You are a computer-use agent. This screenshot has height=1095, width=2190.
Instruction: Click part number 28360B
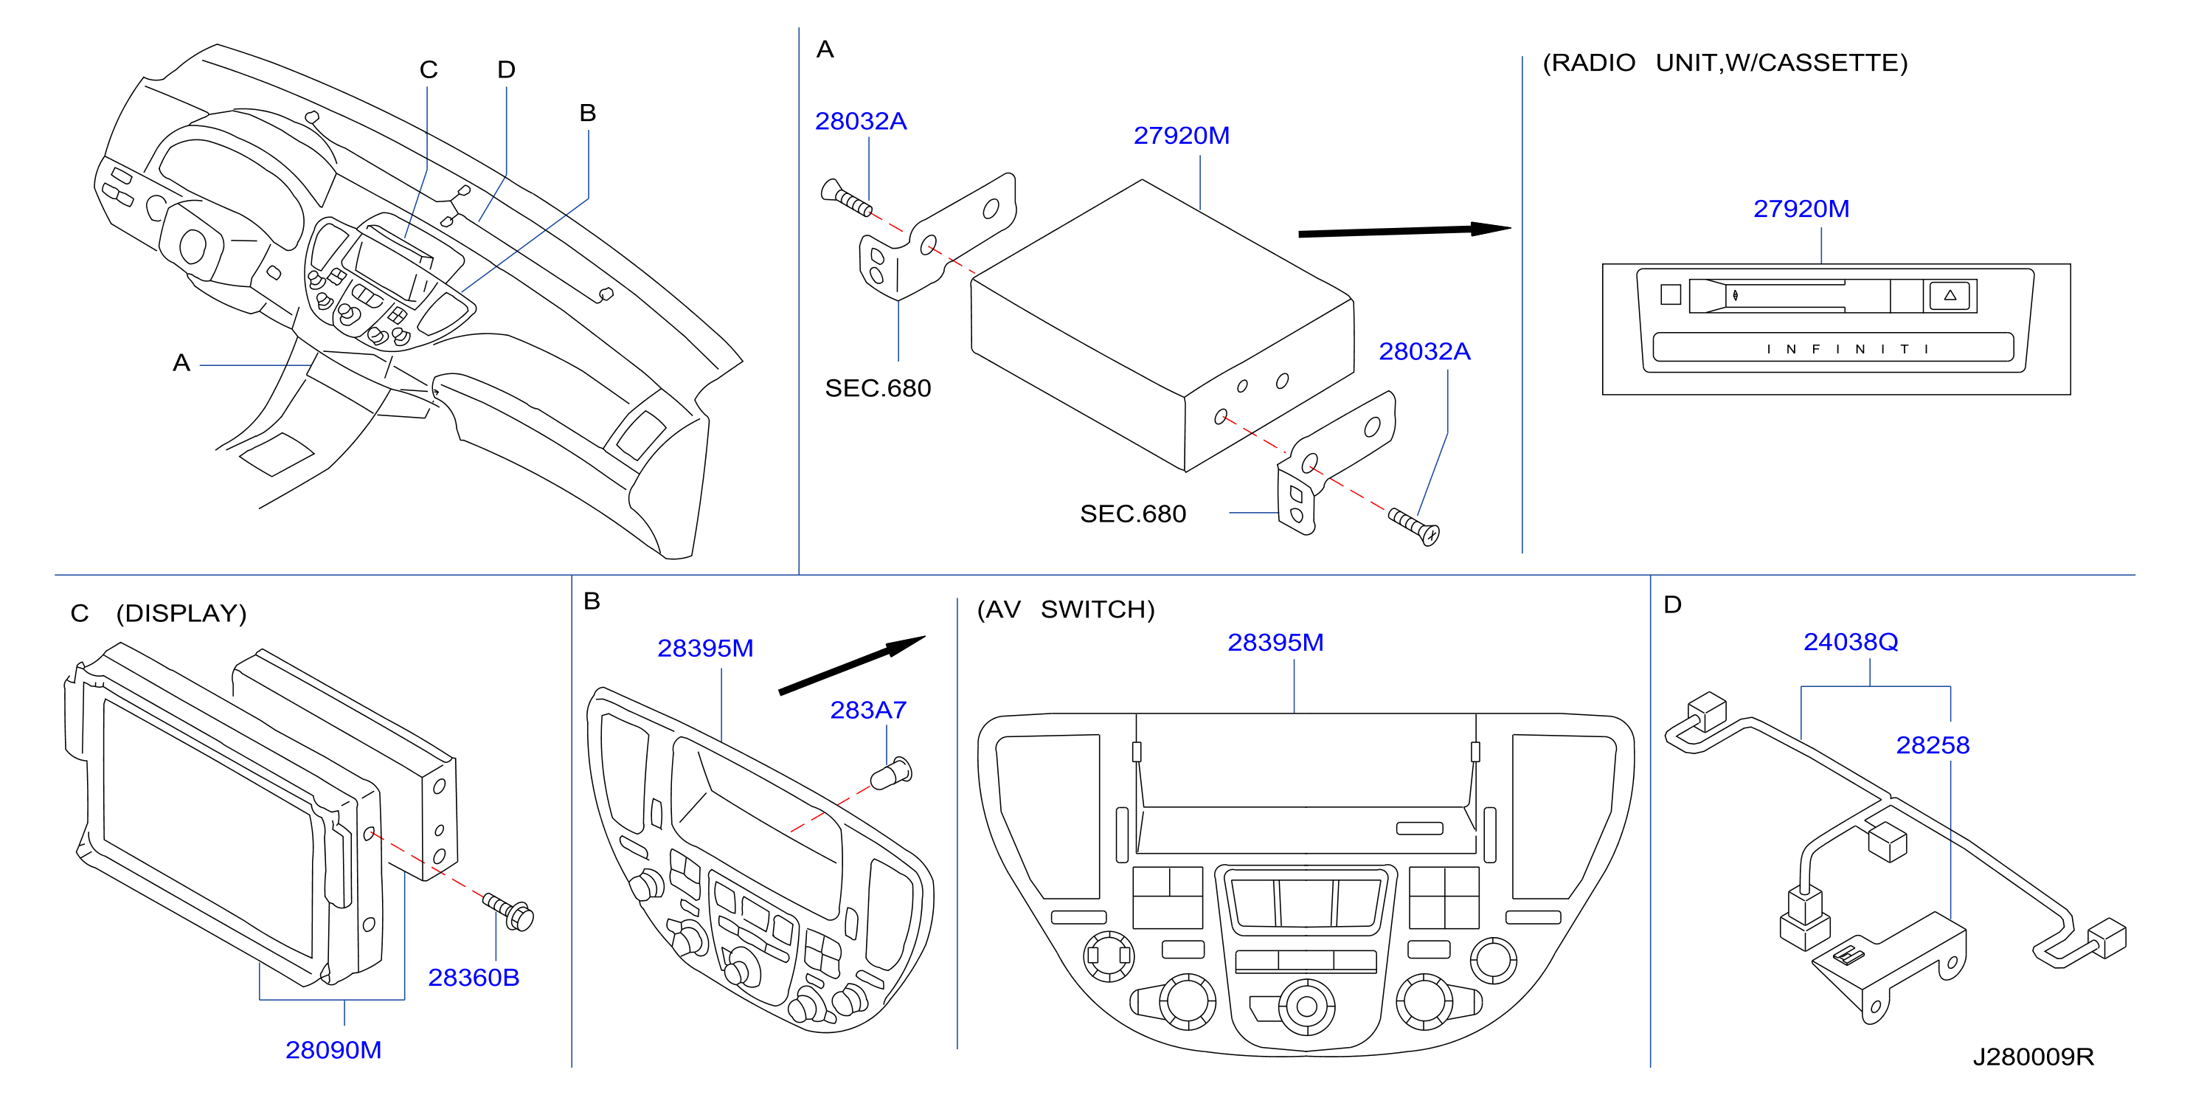(x=474, y=978)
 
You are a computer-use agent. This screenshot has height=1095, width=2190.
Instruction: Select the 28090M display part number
(x=333, y=1050)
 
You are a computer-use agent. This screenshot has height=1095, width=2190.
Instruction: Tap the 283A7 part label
(x=868, y=710)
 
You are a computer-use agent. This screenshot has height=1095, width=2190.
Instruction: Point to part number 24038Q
(x=1851, y=642)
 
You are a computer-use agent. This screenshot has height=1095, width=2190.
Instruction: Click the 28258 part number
(x=1933, y=745)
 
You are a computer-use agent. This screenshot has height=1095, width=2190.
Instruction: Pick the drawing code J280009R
(x=2034, y=1057)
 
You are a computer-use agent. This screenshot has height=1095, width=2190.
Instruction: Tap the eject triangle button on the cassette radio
(x=1950, y=296)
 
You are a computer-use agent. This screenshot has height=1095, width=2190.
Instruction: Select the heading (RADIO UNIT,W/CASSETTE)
(x=1725, y=63)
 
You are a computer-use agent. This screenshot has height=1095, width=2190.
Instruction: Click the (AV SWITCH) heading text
(x=1065, y=609)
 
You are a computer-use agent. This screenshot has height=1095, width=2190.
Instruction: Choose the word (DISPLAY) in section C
(x=181, y=614)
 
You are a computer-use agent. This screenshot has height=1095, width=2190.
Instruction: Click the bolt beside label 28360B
(x=508, y=911)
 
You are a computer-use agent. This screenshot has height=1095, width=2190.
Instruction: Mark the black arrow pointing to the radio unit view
(x=1404, y=230)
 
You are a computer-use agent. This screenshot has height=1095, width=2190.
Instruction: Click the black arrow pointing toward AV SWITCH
(x=852, y=665)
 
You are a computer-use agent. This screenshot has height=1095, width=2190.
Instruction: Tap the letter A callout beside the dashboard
(x=181, y=363)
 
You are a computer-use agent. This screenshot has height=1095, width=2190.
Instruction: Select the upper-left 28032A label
(x=860, y=122)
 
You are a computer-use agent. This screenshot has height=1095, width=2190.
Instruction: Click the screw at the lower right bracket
(x=1413, y=526)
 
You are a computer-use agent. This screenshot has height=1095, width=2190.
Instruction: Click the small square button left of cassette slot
(x=1671, y=294)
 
